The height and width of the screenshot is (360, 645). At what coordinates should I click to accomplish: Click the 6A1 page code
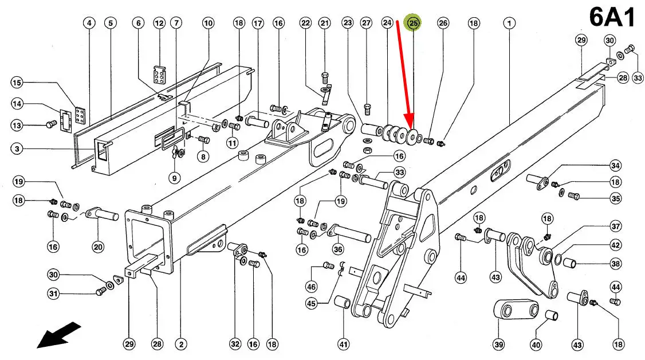pyautogui.click(x=612, y=18)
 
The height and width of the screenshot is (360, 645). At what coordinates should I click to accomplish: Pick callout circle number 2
pyautogui.click(x=181, y=345)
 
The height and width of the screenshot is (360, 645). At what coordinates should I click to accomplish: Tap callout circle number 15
pyautogui.click(x=17, y=83)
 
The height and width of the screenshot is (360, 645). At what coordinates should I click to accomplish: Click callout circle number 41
pyautogui.click(x=343, y=345)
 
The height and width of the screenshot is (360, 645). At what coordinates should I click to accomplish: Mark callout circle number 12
pyautogui.click(x=159, y=23)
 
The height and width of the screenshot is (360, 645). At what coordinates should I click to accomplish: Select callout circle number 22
pyautogui.click(x=305, y=23)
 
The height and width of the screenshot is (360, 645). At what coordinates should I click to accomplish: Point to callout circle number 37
pyautogui.click(x=615, y=226)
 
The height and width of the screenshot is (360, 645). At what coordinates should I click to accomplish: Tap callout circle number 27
pyautogui.click(x=366, y=23)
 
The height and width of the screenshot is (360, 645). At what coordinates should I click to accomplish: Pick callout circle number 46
pyautogui.click(x=312, y=287)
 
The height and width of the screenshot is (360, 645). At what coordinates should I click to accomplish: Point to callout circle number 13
pyautogui.click(x=17, y=125)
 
